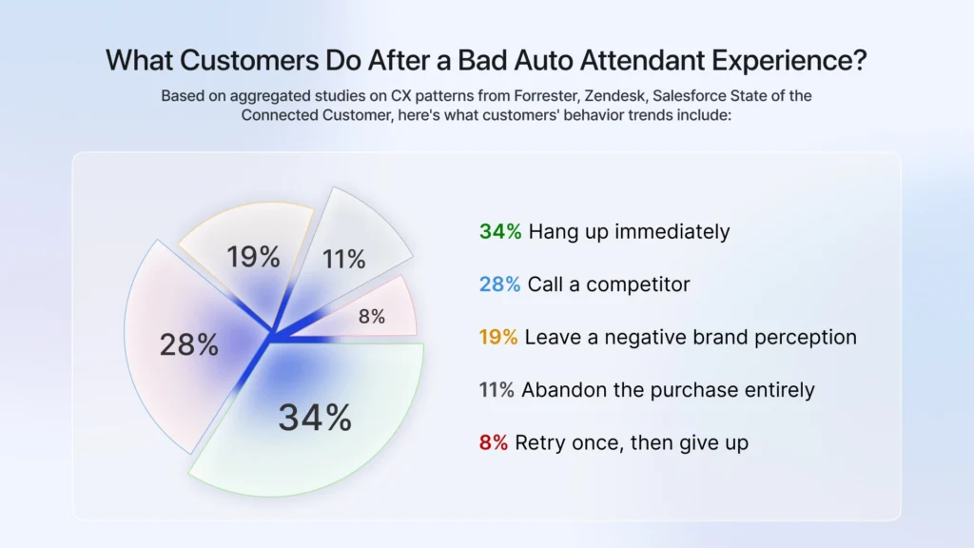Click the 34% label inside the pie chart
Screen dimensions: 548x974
[315, 418]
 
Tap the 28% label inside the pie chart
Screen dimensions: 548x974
[188, 344]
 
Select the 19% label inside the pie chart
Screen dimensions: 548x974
[253, 257]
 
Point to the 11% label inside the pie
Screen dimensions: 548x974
[343, 259]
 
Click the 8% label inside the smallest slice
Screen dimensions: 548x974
[371, 317]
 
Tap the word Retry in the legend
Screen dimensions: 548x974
[538, 443]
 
